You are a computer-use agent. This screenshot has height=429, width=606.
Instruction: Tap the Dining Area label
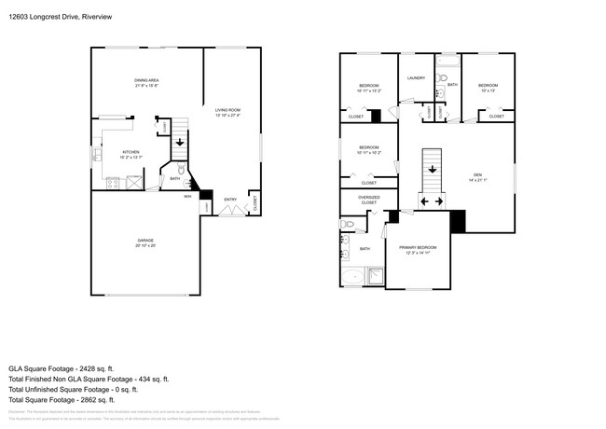(147, 83)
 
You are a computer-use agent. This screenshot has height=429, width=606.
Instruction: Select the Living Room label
(227, 112)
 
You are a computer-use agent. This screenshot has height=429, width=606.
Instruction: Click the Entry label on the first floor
(229, 199)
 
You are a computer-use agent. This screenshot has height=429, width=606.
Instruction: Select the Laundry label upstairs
(416, 78)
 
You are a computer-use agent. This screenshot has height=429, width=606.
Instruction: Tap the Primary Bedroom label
(417, 249)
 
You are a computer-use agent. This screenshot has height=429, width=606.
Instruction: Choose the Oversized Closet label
(368, 200)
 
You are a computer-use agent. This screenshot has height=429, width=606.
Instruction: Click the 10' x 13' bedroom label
(489, 89)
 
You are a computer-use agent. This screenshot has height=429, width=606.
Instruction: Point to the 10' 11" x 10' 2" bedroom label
(368, 149)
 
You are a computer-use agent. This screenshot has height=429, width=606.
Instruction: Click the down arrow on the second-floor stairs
(431, 169)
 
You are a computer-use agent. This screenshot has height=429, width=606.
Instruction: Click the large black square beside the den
(457, 222)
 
